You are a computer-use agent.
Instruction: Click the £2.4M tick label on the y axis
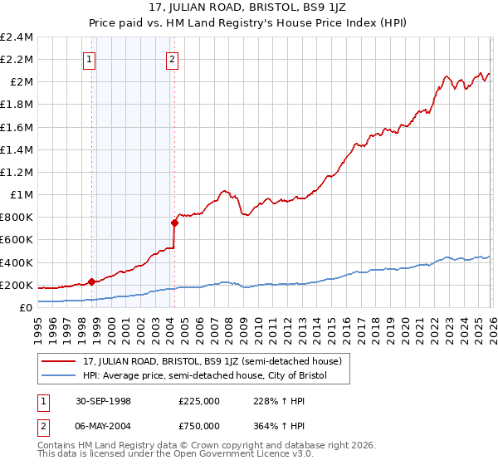[17, 37]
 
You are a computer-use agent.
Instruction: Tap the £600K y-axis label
[17, 240]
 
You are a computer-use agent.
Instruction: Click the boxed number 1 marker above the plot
[90, 59]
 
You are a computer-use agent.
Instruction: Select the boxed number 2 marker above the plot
[172, 59]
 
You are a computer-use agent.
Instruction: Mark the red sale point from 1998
[91, 281]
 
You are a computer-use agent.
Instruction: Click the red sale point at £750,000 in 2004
[174, 223]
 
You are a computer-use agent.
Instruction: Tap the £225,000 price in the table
[199, 400]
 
